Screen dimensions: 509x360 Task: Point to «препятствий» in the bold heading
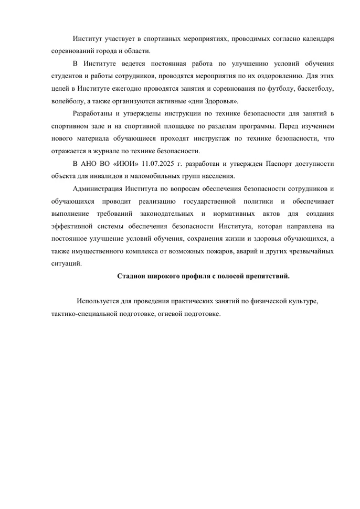pyautogui.click(x=264, y=277)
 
